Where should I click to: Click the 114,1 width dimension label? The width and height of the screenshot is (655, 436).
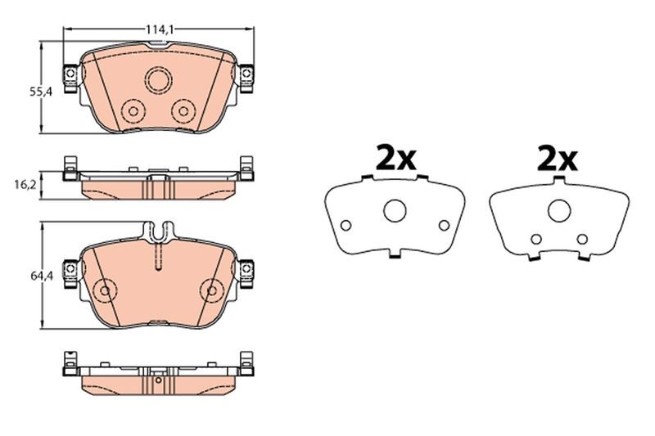158,29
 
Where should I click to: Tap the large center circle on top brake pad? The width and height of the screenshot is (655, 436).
157,79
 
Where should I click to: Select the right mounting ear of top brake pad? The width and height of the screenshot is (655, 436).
245,75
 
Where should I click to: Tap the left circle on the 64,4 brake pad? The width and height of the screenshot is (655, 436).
105,290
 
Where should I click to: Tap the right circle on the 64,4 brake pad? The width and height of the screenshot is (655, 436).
211,290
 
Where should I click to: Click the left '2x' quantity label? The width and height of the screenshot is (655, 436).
396,158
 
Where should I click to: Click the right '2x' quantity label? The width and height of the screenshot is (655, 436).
558,158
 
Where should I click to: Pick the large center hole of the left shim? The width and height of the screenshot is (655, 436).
395,212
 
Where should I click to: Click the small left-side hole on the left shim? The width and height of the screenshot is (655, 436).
346,226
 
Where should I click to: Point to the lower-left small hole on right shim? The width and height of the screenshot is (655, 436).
535,239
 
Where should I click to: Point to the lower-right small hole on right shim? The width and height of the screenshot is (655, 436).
582,239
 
